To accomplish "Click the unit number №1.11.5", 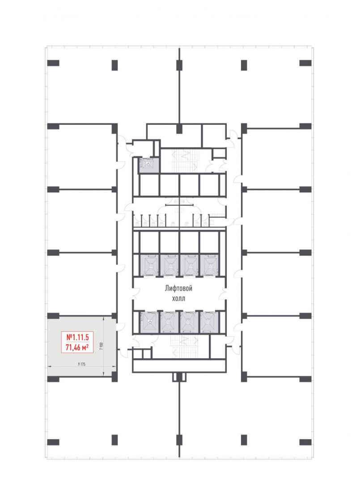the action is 77,337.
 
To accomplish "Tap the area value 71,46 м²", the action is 77,348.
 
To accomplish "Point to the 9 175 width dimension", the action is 81,364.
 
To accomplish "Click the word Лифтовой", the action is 178,288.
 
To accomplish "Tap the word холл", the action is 178,298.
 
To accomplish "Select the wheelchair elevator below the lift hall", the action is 149,322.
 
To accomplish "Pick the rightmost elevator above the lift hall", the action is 209,265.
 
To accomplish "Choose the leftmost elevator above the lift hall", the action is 149,265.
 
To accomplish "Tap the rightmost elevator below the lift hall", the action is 209,322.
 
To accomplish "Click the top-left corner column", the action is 53,63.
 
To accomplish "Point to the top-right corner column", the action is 305,63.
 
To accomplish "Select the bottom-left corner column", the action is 53,442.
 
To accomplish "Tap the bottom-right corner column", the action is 305,442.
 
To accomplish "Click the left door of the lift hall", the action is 136,293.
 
